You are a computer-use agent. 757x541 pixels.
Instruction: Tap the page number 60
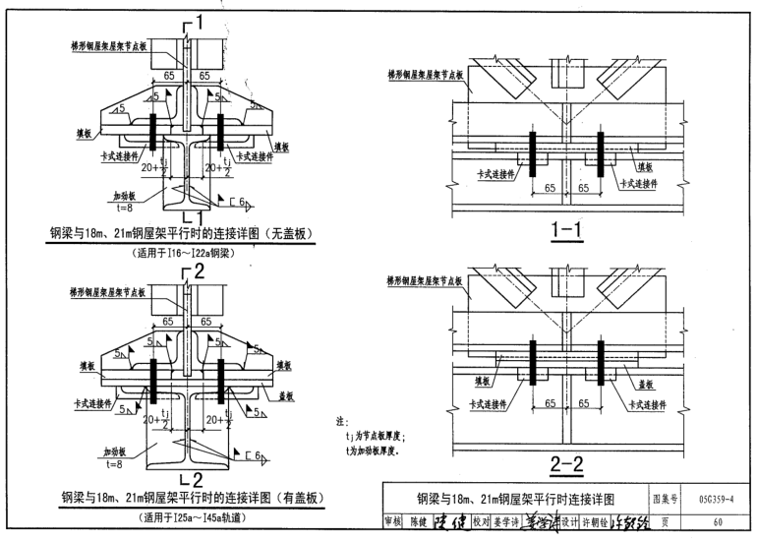[717, 522]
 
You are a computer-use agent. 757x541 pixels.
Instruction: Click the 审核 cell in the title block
[392, 522]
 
